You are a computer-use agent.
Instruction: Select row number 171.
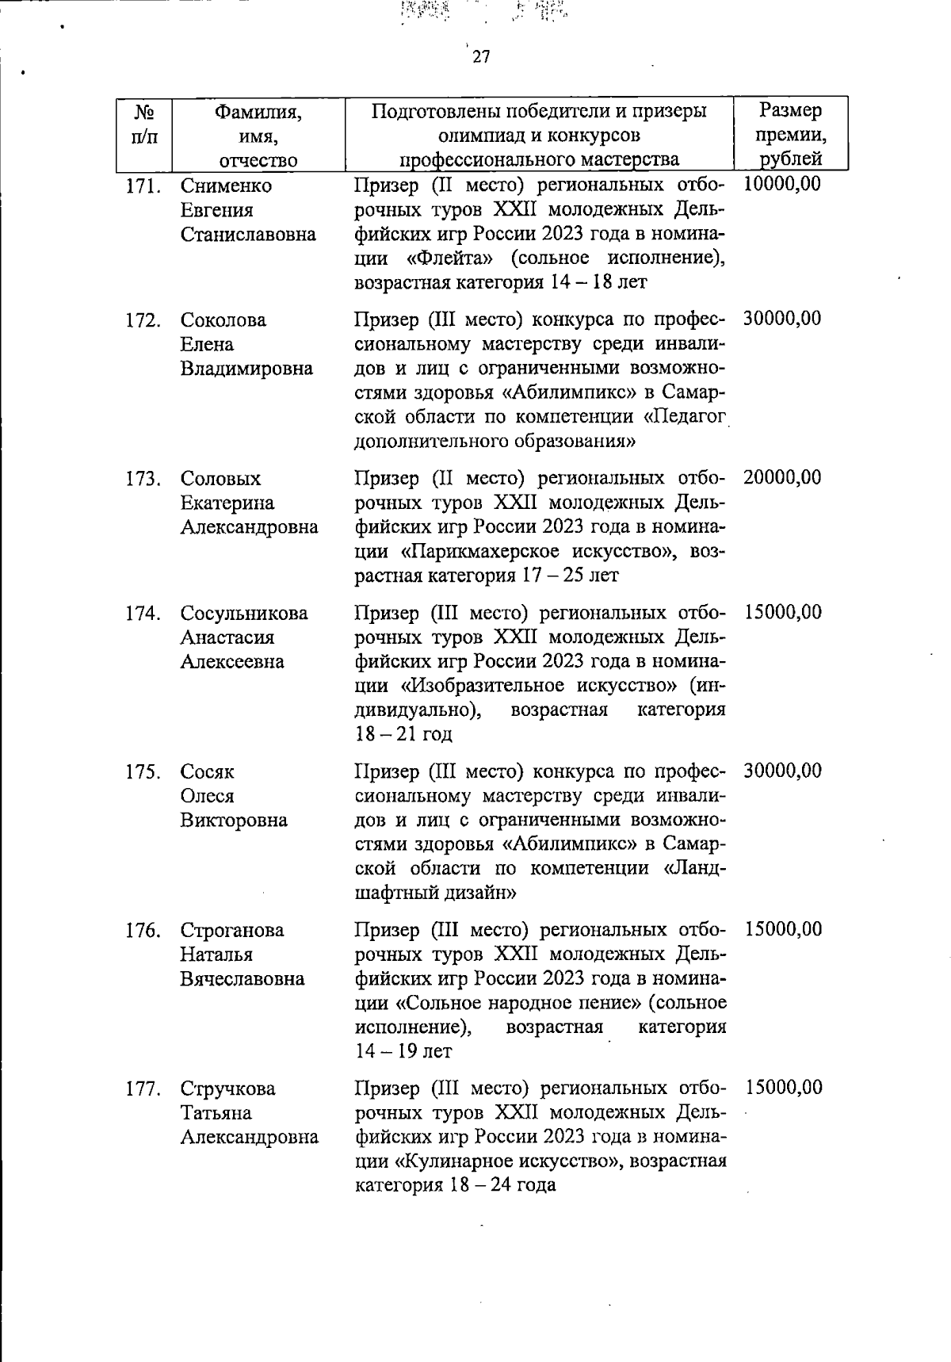[x=143, y=186]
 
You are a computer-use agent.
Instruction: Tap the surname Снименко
[x=226, y=186]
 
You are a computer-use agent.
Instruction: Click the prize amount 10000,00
[x=782, y=185]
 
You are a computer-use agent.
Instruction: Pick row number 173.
[x=143, y=480]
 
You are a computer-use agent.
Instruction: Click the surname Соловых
[x=220, y=479]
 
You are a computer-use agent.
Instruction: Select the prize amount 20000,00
[x=782, y=478]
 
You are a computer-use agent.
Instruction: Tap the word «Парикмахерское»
[x=478, y=552]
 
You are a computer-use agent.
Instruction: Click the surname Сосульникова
[x=244, y=614]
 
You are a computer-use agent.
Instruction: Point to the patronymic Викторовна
[x=234, y=821]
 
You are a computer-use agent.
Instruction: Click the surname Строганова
[x=231, y=931]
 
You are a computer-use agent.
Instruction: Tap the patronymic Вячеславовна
[x=243, y=979]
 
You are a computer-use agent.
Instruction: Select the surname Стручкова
[x=228, y=1089]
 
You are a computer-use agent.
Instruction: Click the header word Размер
[x=790, y=111]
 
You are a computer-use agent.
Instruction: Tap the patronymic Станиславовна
[x=248, y=235]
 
